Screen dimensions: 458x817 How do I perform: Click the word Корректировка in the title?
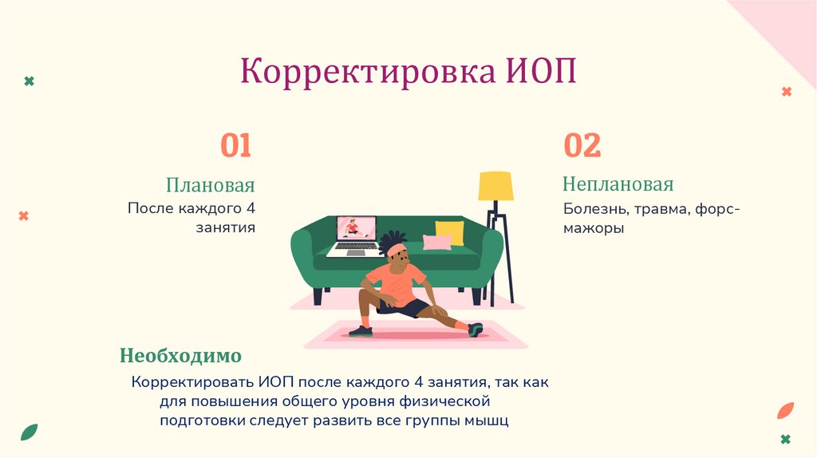click(368, 72)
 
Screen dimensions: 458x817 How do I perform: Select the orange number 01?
click(236, 146)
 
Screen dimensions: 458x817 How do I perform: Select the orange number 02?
click(582, 146)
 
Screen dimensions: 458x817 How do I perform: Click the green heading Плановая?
click(211, 186)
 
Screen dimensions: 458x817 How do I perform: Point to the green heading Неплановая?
click(618, 184)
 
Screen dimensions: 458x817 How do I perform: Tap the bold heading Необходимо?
click(180, 354)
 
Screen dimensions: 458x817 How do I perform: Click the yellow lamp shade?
click(495, 186)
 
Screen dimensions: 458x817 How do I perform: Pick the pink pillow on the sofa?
click(436, 242)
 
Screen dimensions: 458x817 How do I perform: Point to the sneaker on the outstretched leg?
click(476, 329)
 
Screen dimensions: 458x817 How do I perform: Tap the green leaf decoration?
click(30, 432)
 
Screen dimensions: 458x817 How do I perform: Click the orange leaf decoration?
click(785, 410)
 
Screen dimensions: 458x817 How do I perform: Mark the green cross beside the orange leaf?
click(787, 440)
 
